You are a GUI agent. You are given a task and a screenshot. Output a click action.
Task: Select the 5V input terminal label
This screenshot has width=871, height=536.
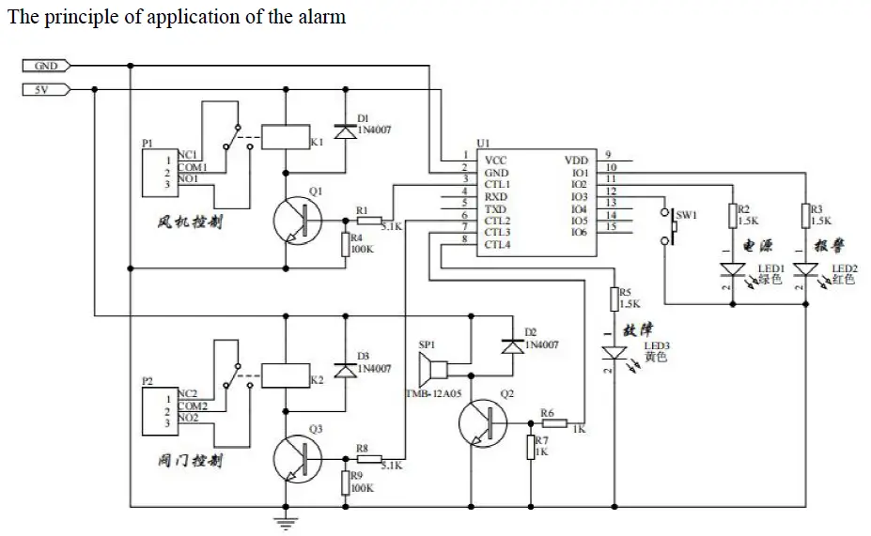pos(41,89)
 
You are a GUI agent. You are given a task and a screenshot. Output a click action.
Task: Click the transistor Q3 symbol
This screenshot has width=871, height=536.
pos(299,459)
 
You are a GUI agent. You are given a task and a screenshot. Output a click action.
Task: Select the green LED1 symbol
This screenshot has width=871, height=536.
pos(731,270)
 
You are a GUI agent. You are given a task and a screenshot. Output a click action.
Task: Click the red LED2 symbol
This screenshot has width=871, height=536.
pos(804,270)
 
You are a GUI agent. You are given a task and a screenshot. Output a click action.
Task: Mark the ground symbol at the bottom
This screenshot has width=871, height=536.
pos(280,519)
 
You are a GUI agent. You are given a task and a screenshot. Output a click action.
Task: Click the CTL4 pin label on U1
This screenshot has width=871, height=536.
pos(497,245)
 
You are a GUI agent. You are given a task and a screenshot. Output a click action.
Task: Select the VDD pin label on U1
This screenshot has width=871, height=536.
pos(576,161)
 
